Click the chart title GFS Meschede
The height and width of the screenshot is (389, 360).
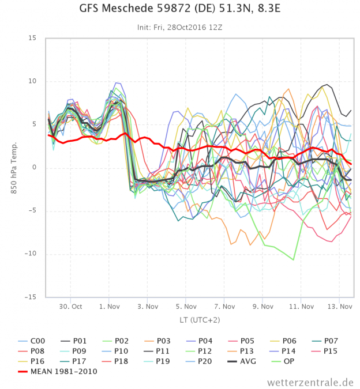click(x=180, y=10)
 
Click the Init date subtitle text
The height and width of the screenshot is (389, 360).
click(x=180, y=27)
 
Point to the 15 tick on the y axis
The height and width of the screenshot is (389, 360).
click(x=32, y=38)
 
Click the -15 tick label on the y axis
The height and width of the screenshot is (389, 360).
click(x=30, y=297)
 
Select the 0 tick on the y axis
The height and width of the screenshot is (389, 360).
click(x=35, y=168)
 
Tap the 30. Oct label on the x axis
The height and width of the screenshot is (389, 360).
click(x=71, y=307)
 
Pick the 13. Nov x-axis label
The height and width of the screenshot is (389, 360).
click(x=339, y=307)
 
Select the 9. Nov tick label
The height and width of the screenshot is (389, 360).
click(x=262, y=307)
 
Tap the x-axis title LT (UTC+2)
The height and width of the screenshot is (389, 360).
click(x=200, y=320)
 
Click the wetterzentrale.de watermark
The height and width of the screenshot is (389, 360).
click(x=310, y=382)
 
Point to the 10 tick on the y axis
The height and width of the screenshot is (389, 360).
click(x=32, y=81)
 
